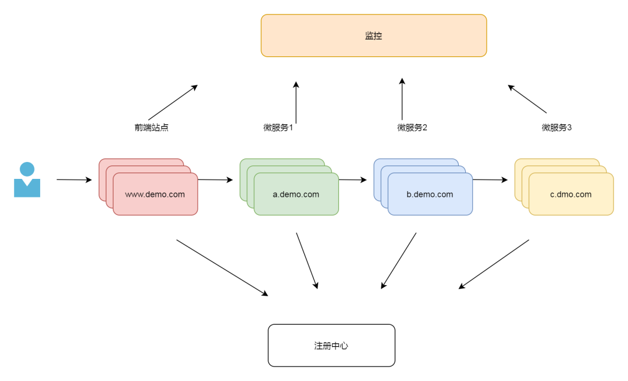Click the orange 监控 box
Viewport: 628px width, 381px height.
tap(373, 35)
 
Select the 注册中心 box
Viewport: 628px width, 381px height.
tap(331, 346)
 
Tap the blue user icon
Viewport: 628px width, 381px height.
tap(27, 180)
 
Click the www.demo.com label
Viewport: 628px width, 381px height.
tap(155, 195)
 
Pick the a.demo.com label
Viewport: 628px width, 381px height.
tap(296, 195)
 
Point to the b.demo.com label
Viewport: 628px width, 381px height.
tap(430, 195)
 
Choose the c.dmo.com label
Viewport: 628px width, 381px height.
tap(570, 195)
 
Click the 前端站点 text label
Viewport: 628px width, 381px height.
tap(151, 128)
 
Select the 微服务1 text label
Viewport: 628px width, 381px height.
tap(278, 128)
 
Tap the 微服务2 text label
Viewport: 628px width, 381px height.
tap(412, 128)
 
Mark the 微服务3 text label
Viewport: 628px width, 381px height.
tap(556, 128)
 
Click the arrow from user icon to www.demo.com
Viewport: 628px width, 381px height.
tap(74, 180)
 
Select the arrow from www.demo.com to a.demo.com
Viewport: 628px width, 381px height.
tap(215, 180)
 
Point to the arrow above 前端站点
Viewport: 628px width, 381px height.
tap(173, 102)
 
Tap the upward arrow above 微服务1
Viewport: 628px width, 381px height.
tap(296, 102)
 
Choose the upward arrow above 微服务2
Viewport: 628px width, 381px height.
tap(402, 99)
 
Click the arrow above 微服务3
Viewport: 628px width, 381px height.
tap(527, 99)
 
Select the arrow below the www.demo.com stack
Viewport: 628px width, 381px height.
tap(222, 268)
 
